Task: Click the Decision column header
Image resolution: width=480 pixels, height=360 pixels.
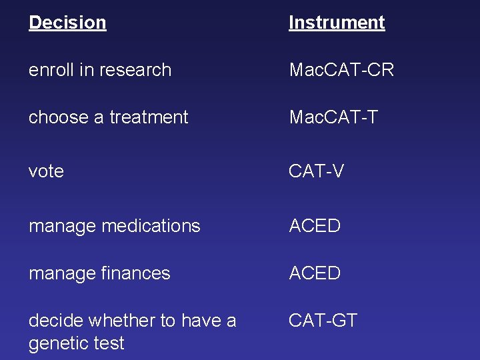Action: coord(67,23)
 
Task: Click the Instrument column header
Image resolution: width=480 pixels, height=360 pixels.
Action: coord(337,23)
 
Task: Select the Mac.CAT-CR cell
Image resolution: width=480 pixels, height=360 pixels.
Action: coord(341,70)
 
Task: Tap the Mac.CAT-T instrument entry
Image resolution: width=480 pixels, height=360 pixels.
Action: coord(333,117)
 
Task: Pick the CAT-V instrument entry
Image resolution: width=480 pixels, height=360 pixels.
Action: coord(316,171)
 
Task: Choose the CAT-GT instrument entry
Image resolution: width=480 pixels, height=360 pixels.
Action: coord(323,321)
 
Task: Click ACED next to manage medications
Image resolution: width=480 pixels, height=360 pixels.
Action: coord(315,226)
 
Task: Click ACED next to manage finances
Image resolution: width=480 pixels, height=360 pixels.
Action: coord(315,273)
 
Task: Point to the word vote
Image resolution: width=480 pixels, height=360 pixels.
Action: coord(46,171)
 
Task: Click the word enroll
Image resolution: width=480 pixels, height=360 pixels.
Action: coord(49,70)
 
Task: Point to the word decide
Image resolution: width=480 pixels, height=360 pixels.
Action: coord(55,321)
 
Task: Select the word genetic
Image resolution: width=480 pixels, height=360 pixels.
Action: coord(57,343)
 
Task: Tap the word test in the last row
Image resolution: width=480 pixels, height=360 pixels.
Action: coord(108,343)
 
